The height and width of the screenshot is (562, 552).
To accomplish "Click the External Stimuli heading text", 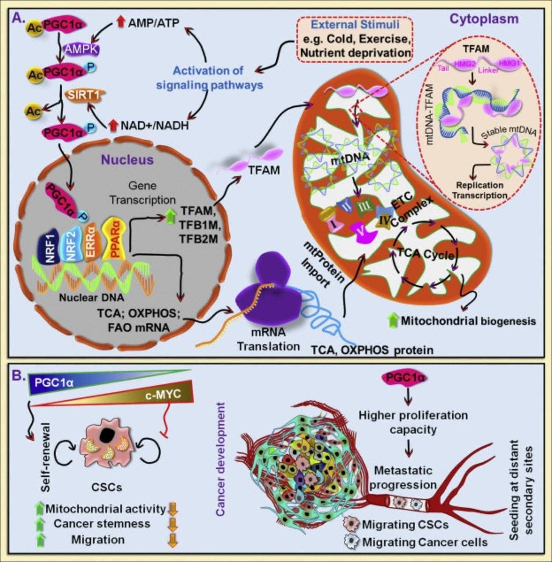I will point(356,25).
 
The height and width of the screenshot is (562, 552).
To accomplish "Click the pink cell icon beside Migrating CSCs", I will point(351,523).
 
